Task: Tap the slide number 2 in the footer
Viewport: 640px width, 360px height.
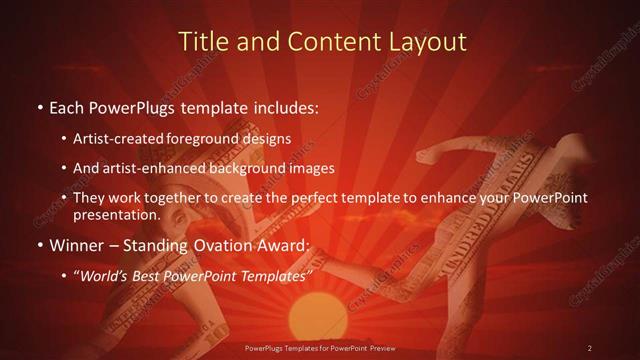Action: point(590,347)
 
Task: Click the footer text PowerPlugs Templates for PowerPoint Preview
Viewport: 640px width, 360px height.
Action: point(319,347)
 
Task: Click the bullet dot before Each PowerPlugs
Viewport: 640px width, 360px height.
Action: point(39,105)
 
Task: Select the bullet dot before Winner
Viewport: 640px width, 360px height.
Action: point(39,246)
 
